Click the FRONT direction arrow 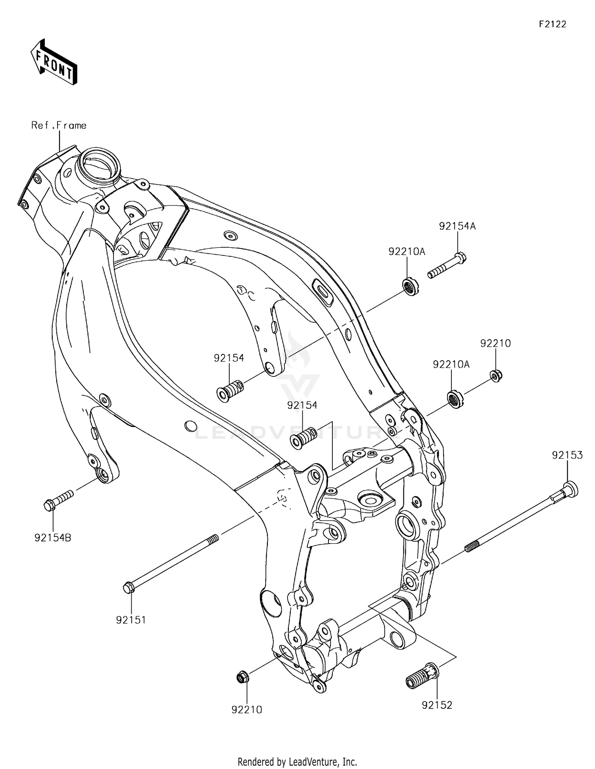(54, 63)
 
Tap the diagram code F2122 (552, 24)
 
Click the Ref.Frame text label (59, 125)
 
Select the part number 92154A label (457, 226)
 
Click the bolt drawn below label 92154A (447, 265)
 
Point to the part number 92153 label (567, 455)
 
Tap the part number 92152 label (437, 705)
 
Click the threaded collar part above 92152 (421, 676)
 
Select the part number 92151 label (131, 620)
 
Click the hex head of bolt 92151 (129, 588)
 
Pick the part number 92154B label (53, 538)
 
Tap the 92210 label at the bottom (247, 709)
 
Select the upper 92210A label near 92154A (407, 251)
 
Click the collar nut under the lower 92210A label (455, 399)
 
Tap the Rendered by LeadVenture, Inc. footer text (297, 761)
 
